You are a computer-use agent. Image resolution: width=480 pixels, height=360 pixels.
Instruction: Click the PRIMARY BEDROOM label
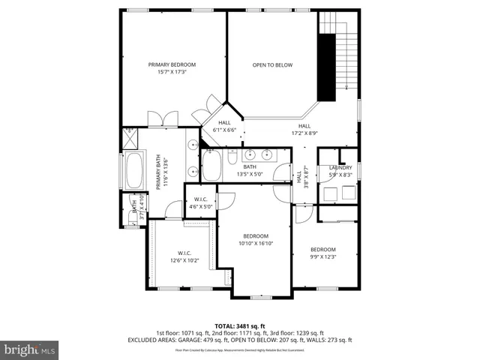tap(172, 65)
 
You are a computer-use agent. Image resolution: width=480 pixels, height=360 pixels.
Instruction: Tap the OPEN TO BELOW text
tap(272, 65)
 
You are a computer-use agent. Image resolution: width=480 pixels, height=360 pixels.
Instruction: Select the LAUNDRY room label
tap(340, 167)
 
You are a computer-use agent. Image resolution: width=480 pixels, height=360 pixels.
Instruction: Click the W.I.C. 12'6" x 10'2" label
tap(184, 256)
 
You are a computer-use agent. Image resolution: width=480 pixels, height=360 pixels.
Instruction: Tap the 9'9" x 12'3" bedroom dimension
tap(323, 257)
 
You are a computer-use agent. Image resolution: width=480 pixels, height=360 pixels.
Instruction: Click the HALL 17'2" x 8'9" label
tap(304, 130)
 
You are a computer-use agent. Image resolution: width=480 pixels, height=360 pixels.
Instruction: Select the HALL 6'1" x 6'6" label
tap(224, 126)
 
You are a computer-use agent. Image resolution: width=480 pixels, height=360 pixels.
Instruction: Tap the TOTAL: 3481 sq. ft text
tap(239, 325)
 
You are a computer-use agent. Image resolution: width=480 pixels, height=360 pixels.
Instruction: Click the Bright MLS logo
tap(30, 349)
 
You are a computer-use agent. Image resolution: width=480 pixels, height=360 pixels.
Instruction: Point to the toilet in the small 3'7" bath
tap(133, 218)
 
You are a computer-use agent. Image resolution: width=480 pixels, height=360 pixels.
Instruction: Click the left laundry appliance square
tap(328, 193)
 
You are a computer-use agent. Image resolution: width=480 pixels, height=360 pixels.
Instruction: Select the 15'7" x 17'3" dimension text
tap(172, 73)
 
